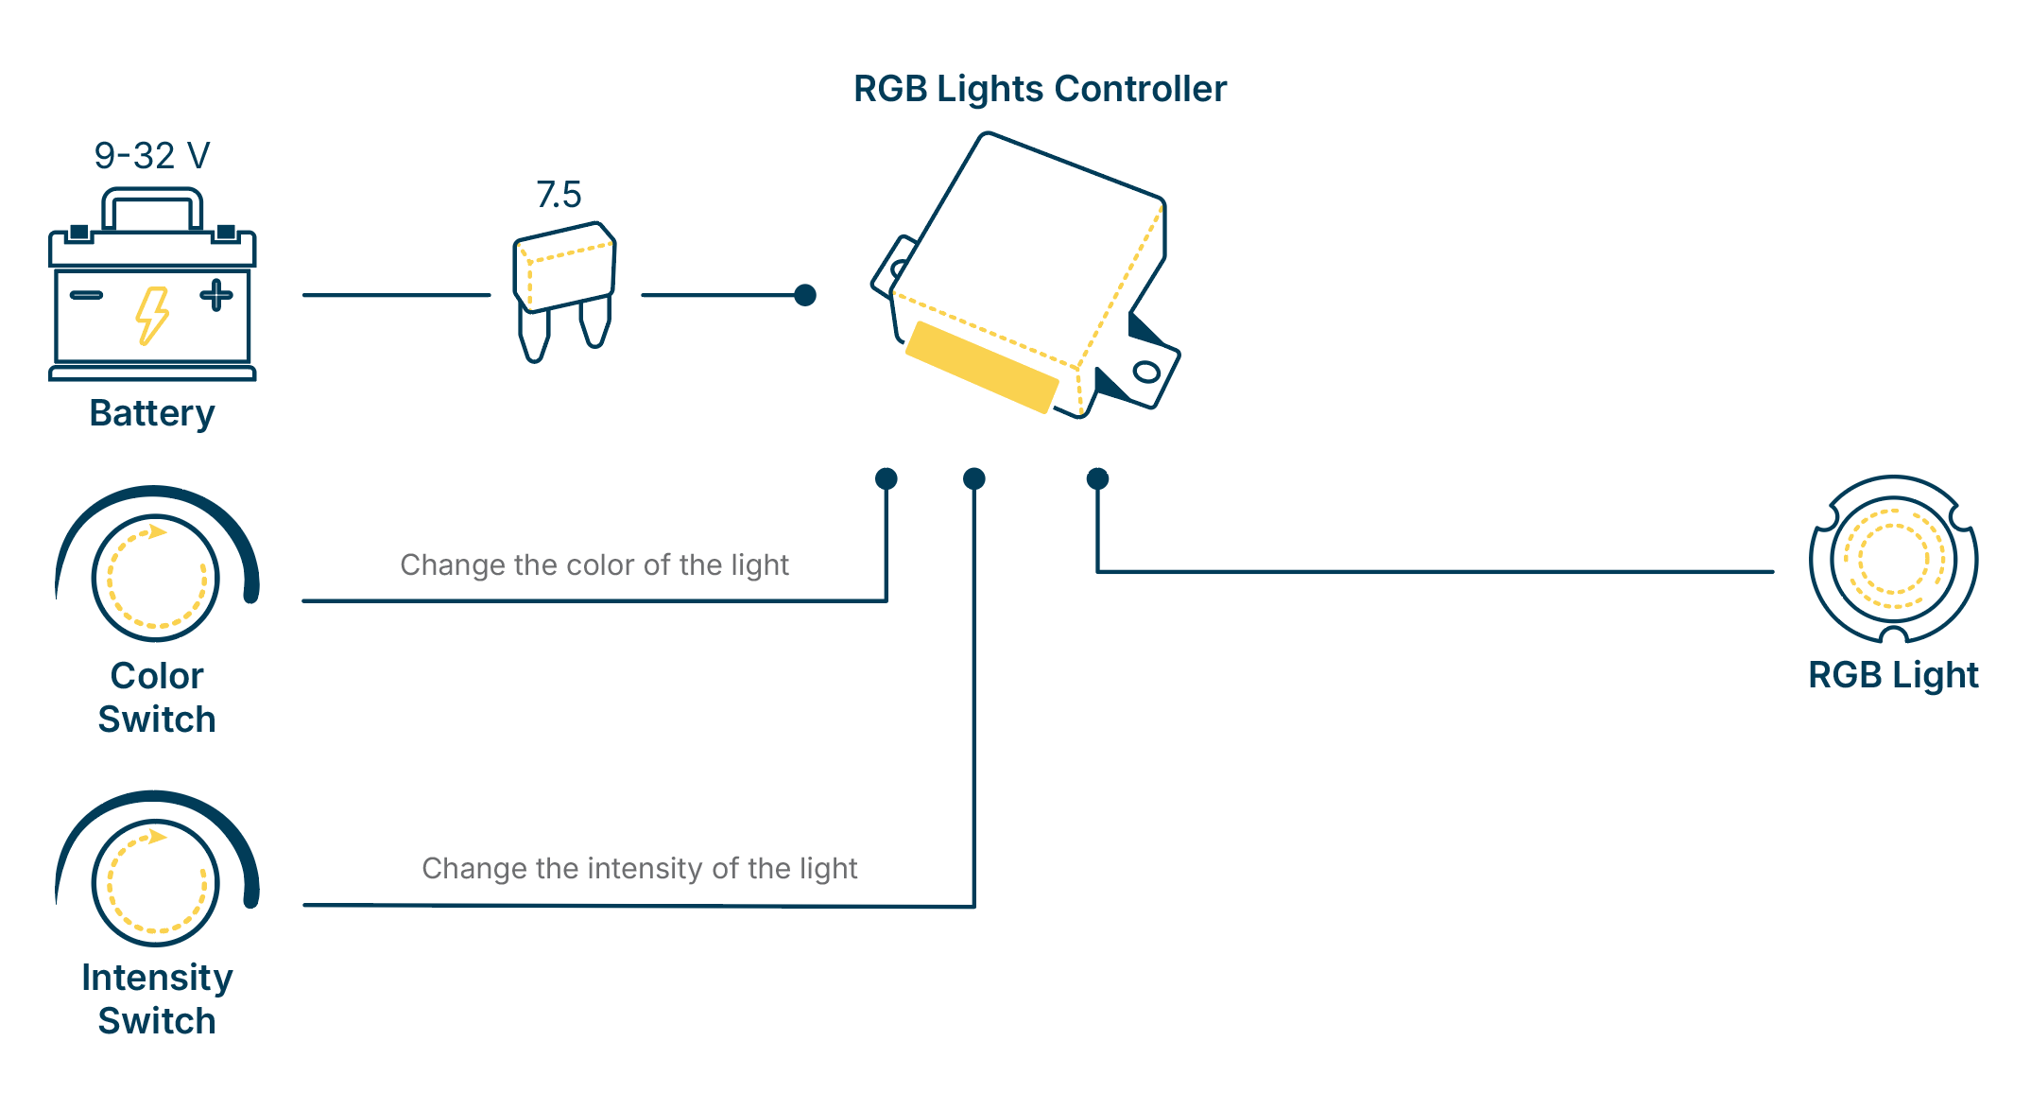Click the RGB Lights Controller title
click(1040, 89)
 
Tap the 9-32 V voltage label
click(151, 156)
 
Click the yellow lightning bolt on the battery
click(152, 316)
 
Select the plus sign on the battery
click(216, 295)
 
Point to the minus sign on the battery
click(86, 295)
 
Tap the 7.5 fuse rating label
click(559, 195)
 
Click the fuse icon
click(564, 284)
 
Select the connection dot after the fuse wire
click(805, 295)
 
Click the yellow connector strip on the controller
click(981, 367)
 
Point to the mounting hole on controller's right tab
click(1146, 372)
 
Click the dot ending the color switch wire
click(886, 478)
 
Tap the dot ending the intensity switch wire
click(974, 478)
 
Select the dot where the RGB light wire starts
click(1097, 478)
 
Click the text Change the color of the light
click(594, 564)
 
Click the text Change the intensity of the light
click(640, 868)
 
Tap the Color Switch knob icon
click(156, 577)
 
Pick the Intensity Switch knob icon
click(156, 881)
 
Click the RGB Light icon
click(1893, 559)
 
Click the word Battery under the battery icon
click(152, 413)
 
